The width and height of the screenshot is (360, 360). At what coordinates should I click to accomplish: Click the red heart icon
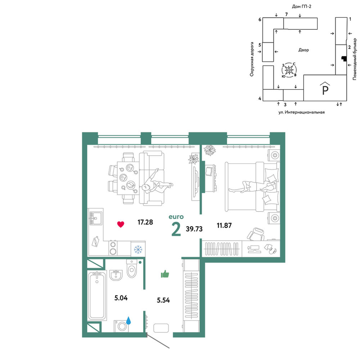click(x=121, y=224)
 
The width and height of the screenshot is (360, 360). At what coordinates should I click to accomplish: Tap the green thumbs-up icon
click(x=165, y=274)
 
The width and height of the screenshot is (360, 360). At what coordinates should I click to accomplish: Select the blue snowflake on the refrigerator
click(x=138, y=249)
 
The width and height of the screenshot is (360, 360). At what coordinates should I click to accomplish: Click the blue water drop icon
click(x=129, y=320)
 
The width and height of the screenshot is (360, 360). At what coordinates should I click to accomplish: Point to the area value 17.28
click(x=145, y=222)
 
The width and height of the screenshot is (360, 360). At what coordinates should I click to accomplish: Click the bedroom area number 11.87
click(x=224, y=225)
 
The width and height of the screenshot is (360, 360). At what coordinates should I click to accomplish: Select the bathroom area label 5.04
click(x=121, y=298)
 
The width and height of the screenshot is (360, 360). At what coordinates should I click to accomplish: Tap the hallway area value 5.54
click(x=163, y=300)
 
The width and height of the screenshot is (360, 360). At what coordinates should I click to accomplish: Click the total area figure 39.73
click(x=194, y=229)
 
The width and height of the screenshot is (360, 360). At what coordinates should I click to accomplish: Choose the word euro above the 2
click(x=176, y=217)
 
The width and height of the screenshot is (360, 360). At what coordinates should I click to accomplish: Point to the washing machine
click(x=121, y=326)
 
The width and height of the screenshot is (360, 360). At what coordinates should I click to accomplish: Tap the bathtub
click(x=97, y=296)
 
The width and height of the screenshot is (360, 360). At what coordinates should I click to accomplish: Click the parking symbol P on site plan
click(x=325, y=89)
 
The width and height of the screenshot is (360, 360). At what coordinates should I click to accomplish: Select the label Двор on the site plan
click(x=303, y=50)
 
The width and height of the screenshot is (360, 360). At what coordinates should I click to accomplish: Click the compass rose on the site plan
click(x=289, y=69)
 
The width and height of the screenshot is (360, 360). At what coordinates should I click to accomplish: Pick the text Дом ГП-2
click(x=301, y=6)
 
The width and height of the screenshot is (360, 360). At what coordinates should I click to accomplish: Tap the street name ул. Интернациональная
click(x=301, y=112)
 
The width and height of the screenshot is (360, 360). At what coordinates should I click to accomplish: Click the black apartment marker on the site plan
click(x=344, y=59)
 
